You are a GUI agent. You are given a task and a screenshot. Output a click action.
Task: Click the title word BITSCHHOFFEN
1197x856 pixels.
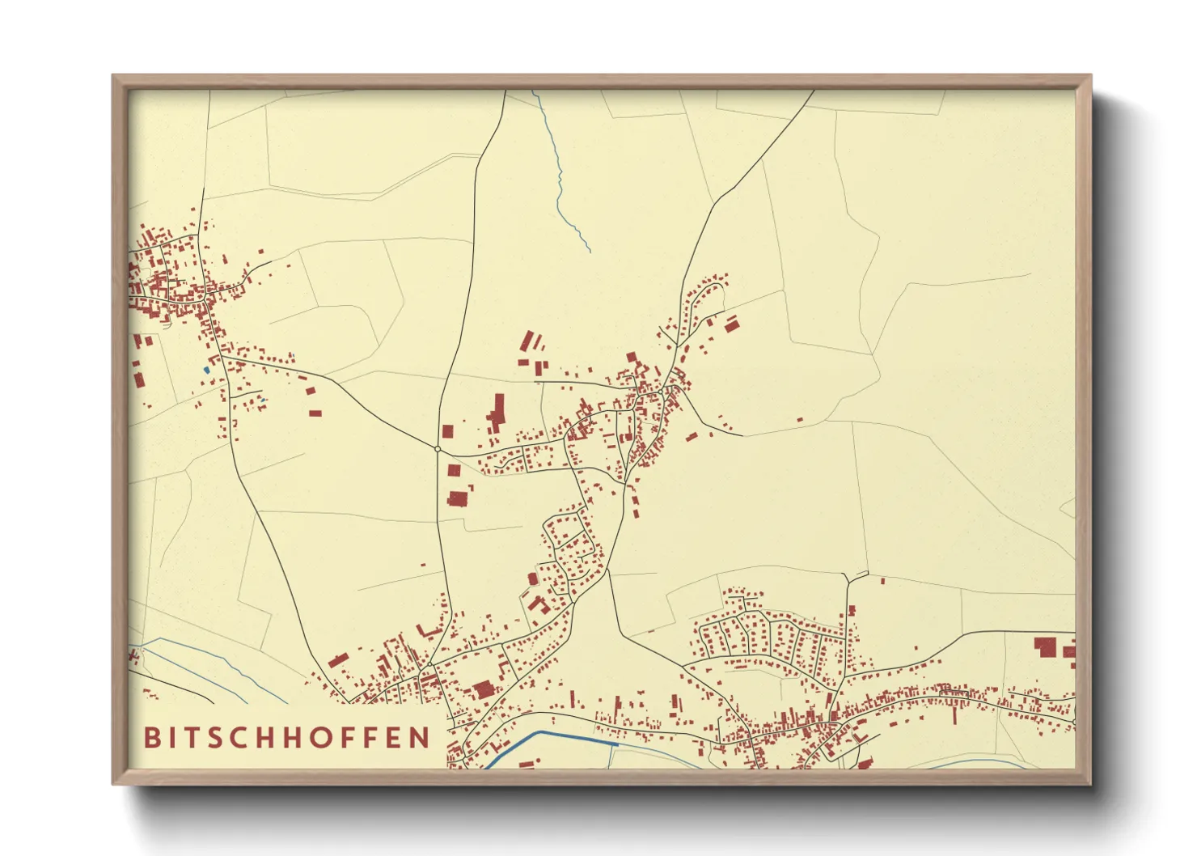tap(287, 737)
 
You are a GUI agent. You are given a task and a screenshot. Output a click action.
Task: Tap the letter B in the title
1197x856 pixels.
tap(151, 737)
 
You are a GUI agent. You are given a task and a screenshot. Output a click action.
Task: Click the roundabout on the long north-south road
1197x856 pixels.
tap(438, 448)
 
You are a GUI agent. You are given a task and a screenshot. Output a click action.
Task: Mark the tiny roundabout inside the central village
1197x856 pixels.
tap(662, 392)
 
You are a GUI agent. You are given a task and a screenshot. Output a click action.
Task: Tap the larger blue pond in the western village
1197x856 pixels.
tap(206, 370)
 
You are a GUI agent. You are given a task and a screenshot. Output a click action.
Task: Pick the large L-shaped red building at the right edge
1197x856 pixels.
tap(1046, 646)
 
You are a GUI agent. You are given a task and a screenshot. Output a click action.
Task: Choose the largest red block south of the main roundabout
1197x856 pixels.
tap(459, 498)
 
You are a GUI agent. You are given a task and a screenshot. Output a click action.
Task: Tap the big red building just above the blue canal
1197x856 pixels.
tap(484, 689)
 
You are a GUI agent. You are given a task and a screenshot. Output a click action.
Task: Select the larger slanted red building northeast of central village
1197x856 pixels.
tap(732, 324)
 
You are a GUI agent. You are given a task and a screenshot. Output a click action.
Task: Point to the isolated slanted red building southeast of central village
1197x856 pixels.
tap(692, 437)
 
